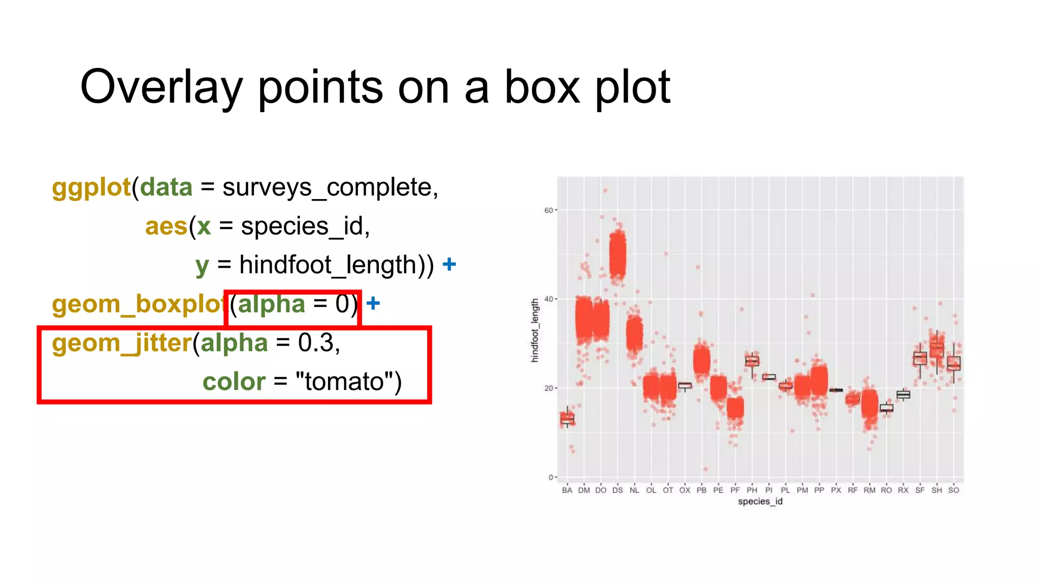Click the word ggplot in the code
(91, 187)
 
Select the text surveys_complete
(327, 187)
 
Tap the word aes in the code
(166, 226)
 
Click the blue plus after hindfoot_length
(449, 265)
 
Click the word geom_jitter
(121, 343)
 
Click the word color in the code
(234, 382)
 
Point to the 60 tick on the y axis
(548, 210)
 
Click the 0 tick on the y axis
(551, 477)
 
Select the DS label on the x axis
(617, 491)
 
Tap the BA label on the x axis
(567, 491)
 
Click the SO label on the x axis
(954, 491)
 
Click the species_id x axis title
(760, 502)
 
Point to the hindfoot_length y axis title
(535, 331)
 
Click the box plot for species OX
(685, 386)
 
